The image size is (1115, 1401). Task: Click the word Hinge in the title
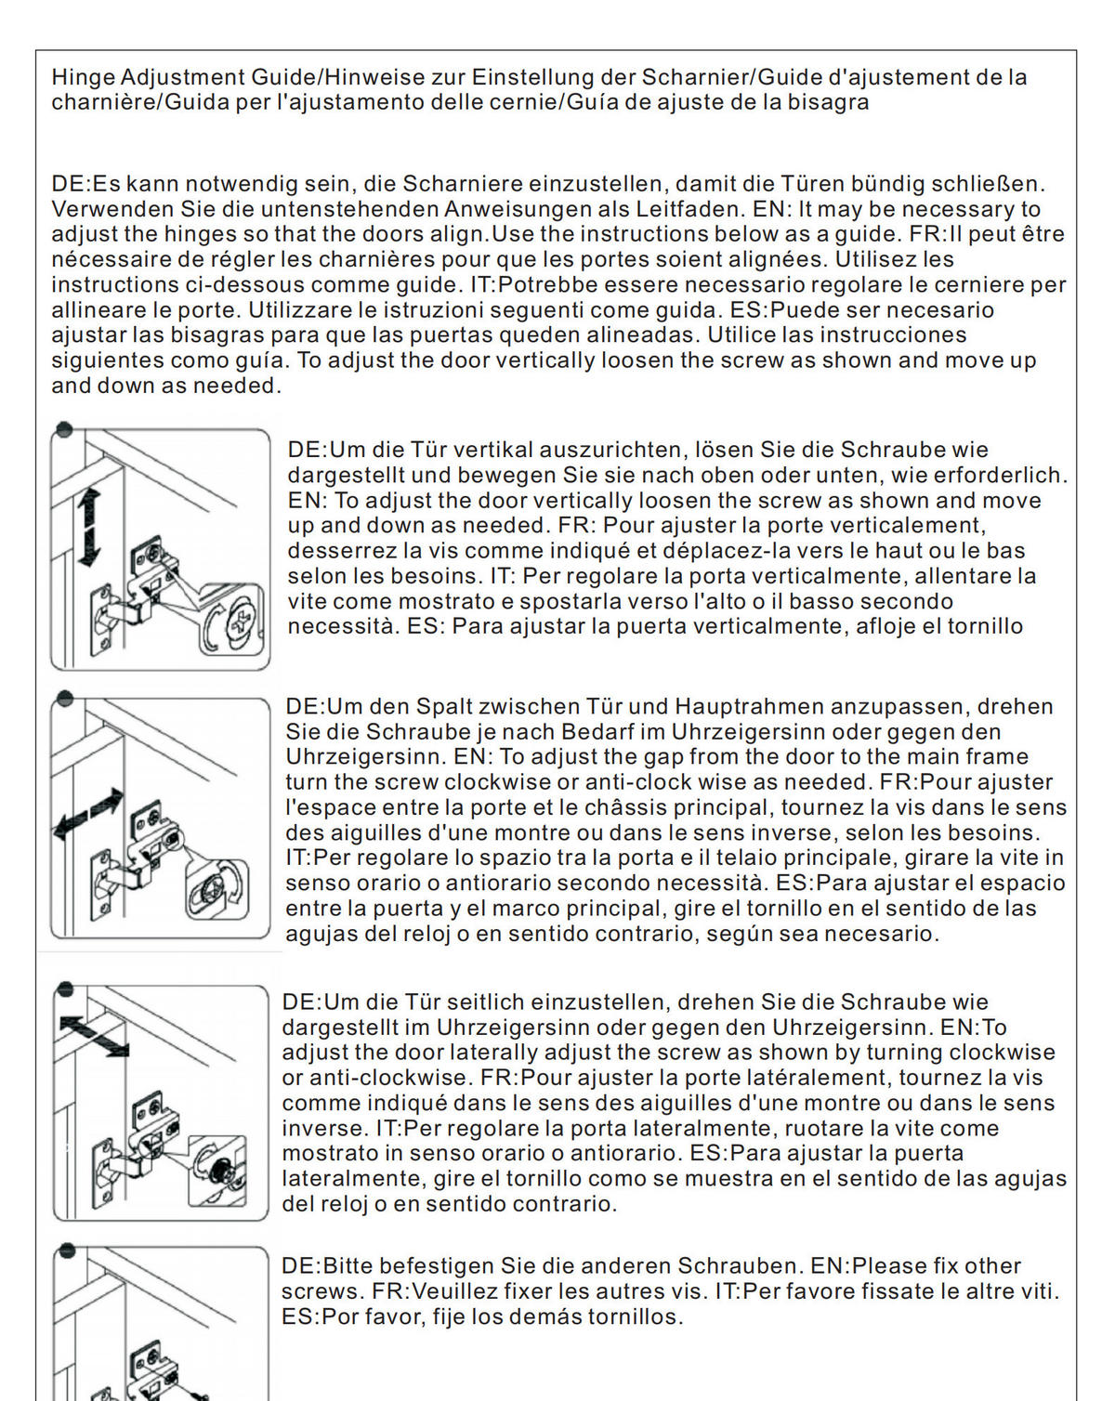(x=83, y=78)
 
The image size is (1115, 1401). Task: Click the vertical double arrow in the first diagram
(x=89, y=528)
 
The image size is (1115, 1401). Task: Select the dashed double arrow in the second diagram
(x=88, y=813)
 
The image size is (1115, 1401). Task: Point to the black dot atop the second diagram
(x=64, y=698)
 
